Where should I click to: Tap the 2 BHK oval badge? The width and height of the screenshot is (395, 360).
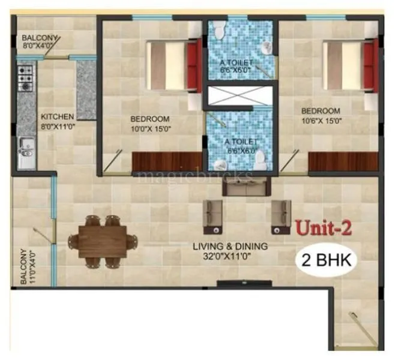pyautogui.click(x=327, y=260)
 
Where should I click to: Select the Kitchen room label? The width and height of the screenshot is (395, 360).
pyautogui.click(x=58, y=116)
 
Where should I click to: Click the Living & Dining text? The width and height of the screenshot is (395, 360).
pyautogui.click(x=230, y=247)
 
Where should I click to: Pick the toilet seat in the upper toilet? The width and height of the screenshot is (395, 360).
pyautogui.click(x=220, y=28)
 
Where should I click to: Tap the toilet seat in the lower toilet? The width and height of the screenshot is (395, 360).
pyautogui.click(x=260, y=161)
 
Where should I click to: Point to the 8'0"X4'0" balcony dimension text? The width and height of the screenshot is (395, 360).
pyautogui.click(x=38, y=44)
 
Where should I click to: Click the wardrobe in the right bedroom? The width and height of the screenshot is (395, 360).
pyautogui.click(x=343, y=161)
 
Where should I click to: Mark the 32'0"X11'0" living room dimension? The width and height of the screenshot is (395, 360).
pyautogui.click(x=230, y=256)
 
